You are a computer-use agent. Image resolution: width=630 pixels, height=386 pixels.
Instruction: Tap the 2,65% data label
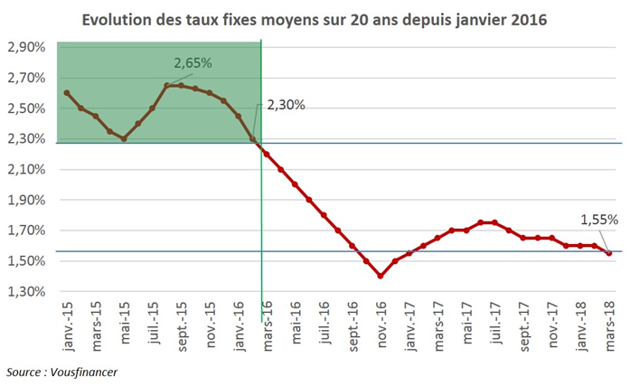tap(193, 63)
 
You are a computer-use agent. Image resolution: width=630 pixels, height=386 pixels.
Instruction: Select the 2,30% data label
tap(286, 105)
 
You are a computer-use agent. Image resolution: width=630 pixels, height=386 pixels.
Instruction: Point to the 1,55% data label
tap(598, 220)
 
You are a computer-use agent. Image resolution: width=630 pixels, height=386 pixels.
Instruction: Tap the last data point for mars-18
tap(608, 253)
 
